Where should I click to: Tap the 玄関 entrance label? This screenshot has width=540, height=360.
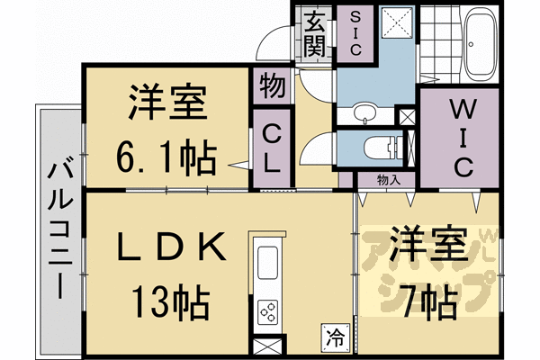[314, 33]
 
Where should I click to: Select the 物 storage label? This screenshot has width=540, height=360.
[271, 88]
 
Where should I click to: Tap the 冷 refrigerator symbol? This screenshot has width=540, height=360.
[333, 338]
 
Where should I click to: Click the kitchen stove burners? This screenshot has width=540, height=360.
[269, 311]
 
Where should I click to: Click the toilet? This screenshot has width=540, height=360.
[379, 147]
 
